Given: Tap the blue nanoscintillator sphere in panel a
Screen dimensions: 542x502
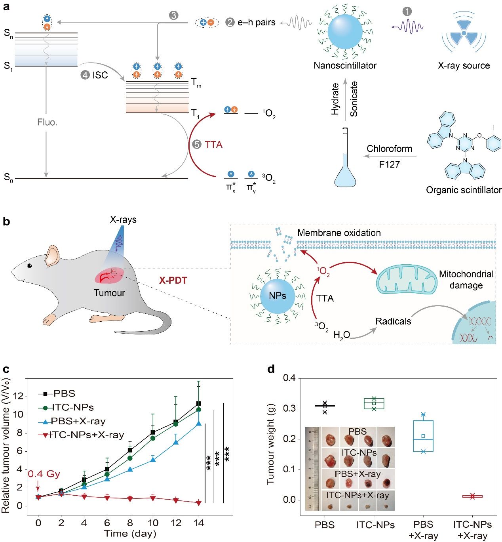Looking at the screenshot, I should coord(345,31).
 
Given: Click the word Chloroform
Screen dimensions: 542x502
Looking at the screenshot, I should coord(389,149).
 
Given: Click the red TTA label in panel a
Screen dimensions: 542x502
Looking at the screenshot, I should coord(213,145).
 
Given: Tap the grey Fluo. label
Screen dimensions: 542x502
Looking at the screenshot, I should coord(48,122).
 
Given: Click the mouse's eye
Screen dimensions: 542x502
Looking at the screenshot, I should coord(29,265).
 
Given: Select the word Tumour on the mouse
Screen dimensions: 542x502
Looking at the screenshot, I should coord(109,293).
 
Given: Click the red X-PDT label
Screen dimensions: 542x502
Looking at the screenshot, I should coord(173,281).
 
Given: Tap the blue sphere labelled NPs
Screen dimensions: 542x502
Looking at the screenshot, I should coord(277,296).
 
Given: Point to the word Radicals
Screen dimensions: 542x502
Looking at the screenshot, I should coord(393,321).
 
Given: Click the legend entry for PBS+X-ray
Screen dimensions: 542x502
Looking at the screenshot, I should coord(78,421).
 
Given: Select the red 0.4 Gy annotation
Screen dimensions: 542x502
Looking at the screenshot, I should coord(44,474).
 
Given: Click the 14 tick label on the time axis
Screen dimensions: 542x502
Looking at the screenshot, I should coord(199,523).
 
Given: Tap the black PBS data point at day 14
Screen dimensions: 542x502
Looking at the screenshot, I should coord(199,404).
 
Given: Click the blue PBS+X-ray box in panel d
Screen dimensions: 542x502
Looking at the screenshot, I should coord(423,436).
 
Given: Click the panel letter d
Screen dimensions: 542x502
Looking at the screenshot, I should coord(271,369).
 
